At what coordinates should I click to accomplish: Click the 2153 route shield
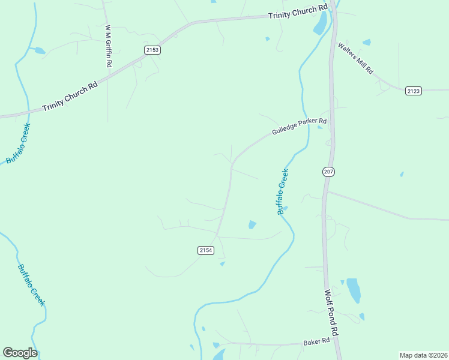tap(152, 50)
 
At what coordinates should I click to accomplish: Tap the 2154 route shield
tap(205, 250)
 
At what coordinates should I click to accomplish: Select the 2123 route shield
tap(413, 91)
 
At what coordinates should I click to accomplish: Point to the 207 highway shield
tap(328, 172)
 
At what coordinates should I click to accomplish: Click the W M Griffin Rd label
tap(109, 46)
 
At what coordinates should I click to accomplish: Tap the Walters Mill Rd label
tap(355, 58)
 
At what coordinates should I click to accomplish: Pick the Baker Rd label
tap(317, 341)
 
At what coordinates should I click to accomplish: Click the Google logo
tap(20, 353)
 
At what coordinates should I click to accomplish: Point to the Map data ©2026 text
tap(423, 355)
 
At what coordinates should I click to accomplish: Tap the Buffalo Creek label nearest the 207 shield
tap(283, 192)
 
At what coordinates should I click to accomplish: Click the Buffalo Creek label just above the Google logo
tap(31, 284)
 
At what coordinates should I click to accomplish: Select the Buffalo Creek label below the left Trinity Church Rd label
tap(18, 143)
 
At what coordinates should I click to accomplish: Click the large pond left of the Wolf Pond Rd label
tap(354, 290)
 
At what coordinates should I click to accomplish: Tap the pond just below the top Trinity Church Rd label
tap(321, 23)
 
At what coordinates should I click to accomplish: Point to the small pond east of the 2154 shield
tap(252, 225)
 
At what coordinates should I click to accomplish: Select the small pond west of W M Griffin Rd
tap(39, 51)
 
